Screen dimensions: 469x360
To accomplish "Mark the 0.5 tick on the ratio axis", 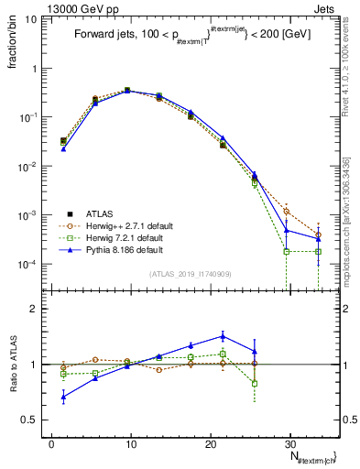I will tap(34, 420).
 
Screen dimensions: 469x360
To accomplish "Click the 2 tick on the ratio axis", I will tap(38, 309).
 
